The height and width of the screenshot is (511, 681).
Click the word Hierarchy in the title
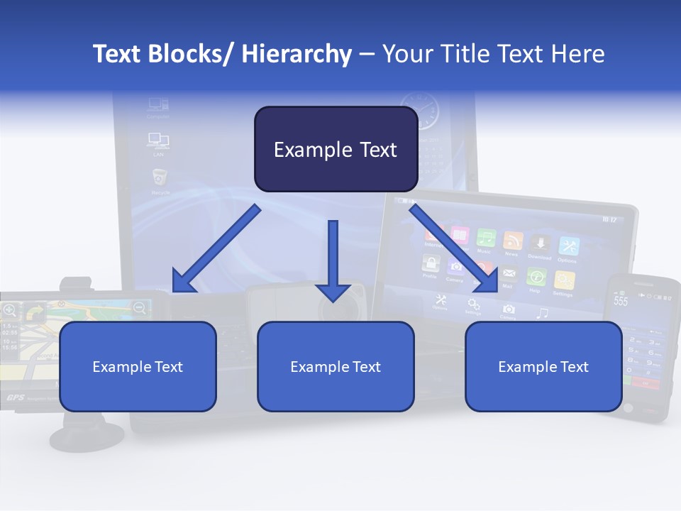point(297,54)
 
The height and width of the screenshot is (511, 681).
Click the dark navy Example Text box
point(336,150)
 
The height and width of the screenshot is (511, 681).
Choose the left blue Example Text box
point(138,367)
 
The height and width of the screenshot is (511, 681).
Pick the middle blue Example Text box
point(336,367)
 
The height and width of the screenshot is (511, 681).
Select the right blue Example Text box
point(543,367)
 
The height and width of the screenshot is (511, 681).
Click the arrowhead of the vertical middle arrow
point(333,291)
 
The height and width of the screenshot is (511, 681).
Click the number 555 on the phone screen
point(621,300)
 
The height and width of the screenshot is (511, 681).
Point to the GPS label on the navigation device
point(16,397)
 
